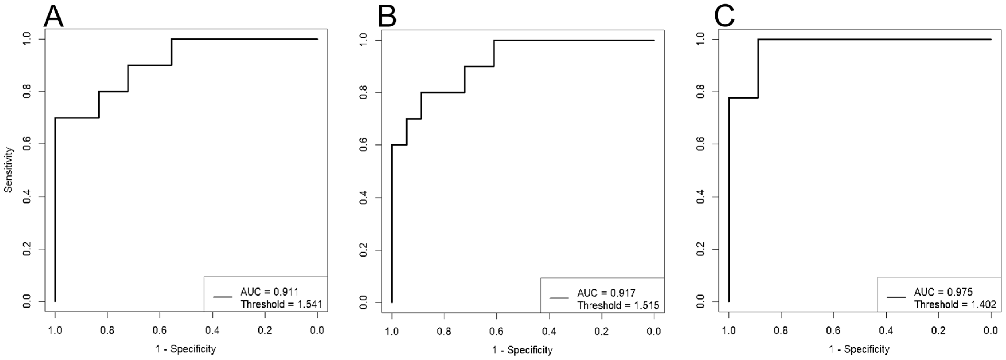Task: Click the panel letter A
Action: [x=54, y=17]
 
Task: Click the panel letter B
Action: [x=387, y=17]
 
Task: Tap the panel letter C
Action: [x=724, y=17]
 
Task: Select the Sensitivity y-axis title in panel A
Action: [x=9, y=170]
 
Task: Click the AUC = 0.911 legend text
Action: [x=270, y=292]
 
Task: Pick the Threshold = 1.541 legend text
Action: [x=281, y=304]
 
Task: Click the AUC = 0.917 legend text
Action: [x=607, y=293]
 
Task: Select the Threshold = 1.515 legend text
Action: [x=618, y=305]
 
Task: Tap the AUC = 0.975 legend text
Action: [x=943, y=292]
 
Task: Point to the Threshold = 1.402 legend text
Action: [x=955, y=304]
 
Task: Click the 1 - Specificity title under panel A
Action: [x=186, y=349]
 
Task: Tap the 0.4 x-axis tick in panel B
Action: [x=549, y=332]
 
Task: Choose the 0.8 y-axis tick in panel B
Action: [x=363, y=93]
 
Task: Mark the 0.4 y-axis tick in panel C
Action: [x=700, y=197]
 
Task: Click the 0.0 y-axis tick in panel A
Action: [x=27, y=302]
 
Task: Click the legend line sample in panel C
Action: [x=896, y=297]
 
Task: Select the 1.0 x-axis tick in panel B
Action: [x=392, y=332]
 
